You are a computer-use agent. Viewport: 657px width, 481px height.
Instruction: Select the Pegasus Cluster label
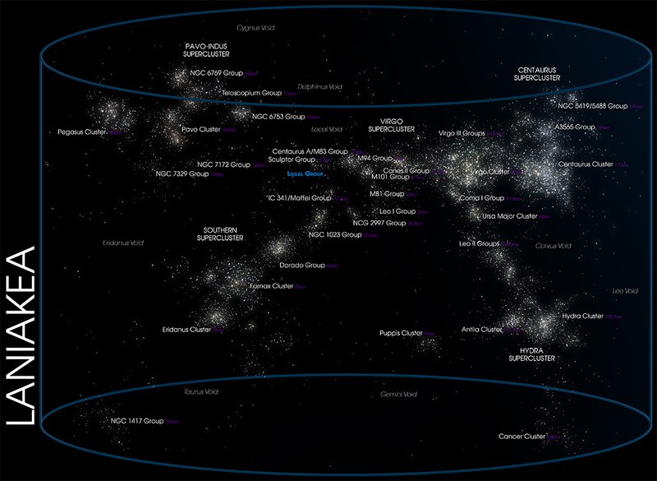point(82,132)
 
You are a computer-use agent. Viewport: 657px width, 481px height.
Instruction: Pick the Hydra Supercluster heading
point(531,354)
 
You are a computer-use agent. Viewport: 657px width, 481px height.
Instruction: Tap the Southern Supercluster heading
point(219,234)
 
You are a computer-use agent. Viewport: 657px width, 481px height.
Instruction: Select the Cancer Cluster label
point(521,437)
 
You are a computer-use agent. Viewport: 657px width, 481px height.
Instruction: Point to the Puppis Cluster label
point(400,333)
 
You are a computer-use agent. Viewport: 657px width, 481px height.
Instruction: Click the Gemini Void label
point(398,395)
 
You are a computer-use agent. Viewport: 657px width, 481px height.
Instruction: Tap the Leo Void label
point(625,291)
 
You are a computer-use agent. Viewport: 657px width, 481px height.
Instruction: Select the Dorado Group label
point(302,266)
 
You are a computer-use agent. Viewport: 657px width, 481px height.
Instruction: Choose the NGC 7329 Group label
point(182,174)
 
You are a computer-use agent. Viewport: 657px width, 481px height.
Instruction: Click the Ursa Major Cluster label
point(509,216)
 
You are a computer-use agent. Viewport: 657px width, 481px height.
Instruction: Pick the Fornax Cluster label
point(271,286)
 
